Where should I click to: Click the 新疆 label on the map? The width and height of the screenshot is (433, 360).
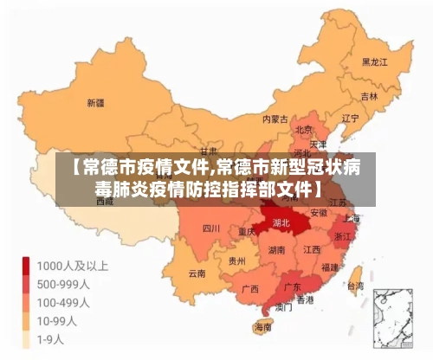96,102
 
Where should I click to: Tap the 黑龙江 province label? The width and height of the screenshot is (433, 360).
374,62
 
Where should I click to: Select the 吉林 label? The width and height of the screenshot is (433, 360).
369,96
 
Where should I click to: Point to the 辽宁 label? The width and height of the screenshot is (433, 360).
351,118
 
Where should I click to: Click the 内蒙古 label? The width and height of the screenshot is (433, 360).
275,119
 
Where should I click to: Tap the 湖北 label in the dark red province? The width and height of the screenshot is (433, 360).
281,222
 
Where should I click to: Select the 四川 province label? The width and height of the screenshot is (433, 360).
210,229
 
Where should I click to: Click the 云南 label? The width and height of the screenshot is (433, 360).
197,273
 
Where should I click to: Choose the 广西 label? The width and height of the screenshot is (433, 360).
250,288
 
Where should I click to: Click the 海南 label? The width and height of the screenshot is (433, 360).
262,328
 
